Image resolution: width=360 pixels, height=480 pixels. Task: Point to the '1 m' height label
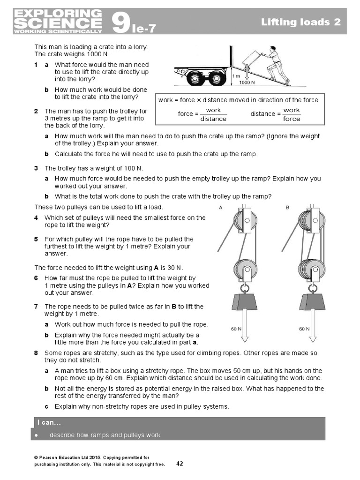click(x=237, y=75)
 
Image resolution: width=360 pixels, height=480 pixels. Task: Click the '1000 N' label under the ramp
click(x=247, y=82)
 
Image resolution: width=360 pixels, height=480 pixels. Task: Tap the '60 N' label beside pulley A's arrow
click(x=236, y=329)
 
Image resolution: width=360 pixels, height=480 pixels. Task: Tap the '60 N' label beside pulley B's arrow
click(x=304, y=329)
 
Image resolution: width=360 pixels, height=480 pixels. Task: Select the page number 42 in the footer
click(x=180, y=464)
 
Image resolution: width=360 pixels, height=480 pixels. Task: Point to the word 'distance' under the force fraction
click(x=213, y=119)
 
